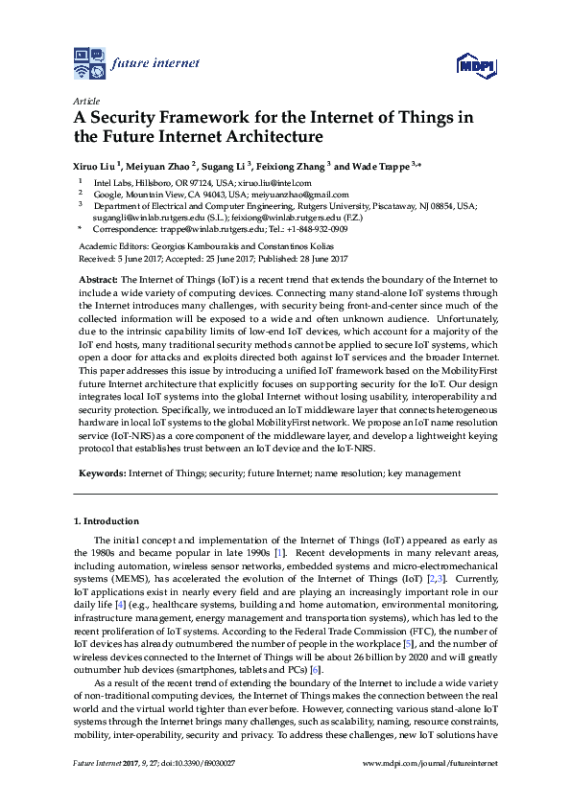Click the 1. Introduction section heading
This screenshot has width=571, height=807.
tap(107, 521)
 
